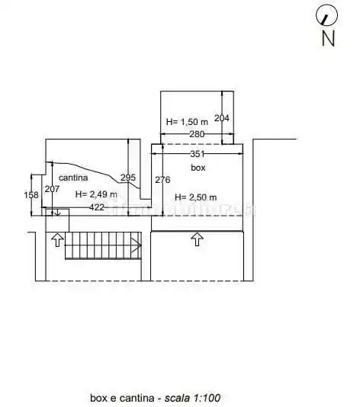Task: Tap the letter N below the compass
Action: (x=328, y=38)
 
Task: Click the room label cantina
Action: (x=73, y=178)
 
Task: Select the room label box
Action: (x=198, y=168)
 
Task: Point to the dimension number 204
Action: (x=221, y=118)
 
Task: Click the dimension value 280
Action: (x=197, y=134)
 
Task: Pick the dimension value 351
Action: (x=198, y=154)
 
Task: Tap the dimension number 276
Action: (x=162, y=180)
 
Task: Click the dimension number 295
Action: (x=128, y=178)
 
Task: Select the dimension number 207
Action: (x=52, y=189)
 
